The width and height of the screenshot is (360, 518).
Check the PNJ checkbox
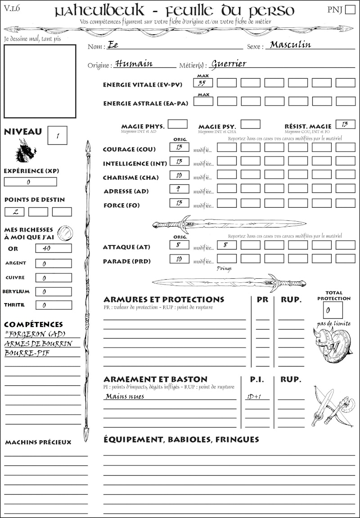tap(349, 10)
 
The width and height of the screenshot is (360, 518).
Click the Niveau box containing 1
tap(57, 135)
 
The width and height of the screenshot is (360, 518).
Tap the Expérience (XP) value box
tap(31, 182)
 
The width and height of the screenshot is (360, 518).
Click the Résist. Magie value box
tap(345, 124)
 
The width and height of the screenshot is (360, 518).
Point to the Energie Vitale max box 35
tap(203, 83)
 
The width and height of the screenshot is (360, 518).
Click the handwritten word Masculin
tap(290, 45)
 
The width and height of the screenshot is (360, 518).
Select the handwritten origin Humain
tap(134, 63)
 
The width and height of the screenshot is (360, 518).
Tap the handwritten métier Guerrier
tap(229, 63)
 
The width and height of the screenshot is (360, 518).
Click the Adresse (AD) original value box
tap(179, 189)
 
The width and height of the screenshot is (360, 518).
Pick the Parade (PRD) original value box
tap(179, 259)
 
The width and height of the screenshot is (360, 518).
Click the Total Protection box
tap(333, 310)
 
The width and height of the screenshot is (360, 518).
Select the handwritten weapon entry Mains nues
tap(125, 397)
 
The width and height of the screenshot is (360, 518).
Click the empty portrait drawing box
tap(40, 80)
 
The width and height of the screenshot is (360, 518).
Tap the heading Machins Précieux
tap(38, 442)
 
